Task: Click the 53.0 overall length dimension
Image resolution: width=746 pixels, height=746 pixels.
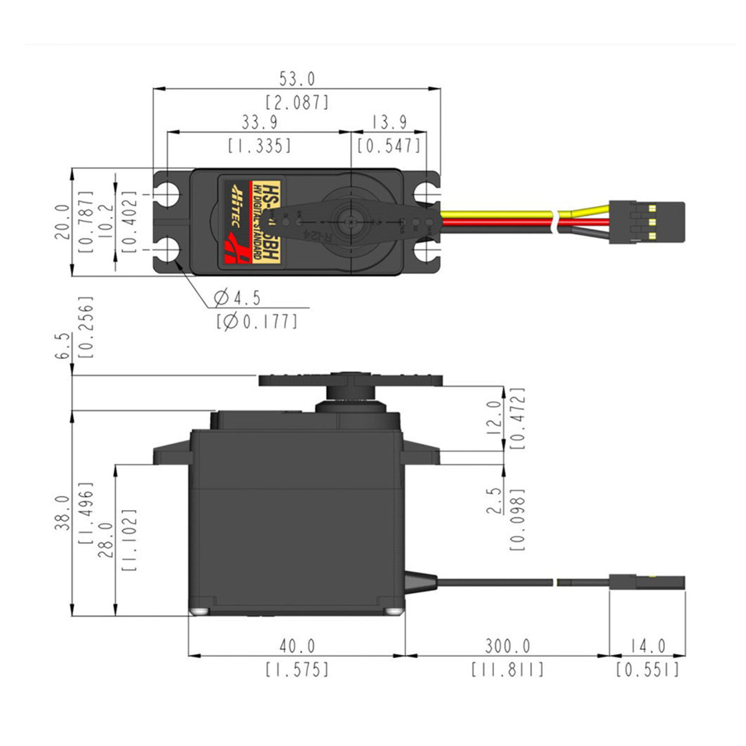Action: pyautogui.click(x=297, y=79)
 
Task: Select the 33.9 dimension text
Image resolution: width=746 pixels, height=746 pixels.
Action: pyautogui.click(x=259, y=122)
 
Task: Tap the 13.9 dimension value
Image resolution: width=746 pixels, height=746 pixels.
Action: pyautogui.click(x=388, y=122)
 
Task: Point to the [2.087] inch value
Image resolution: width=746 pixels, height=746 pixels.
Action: pyautogui.click(x=297, y=102)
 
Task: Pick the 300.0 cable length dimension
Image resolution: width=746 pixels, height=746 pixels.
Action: pyautogui.click(x=508, y=646)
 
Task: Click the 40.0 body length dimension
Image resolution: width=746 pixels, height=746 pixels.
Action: pyautogui.click(x=297, y=646)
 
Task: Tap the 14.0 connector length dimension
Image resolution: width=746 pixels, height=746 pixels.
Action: pyautogui.click(x=648, y=646)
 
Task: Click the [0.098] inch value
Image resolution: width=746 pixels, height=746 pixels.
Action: pyautogui.click(x=518, y=520)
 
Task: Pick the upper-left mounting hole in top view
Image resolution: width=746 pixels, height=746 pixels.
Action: pyautogui.click(x=167, y=194)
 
